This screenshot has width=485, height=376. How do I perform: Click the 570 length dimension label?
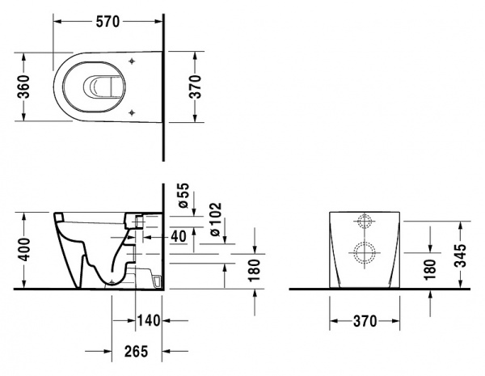110,22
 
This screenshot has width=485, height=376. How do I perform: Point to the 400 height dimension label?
24,250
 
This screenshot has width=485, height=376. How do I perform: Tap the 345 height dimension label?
461,258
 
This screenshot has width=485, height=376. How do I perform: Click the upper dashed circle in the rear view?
364,223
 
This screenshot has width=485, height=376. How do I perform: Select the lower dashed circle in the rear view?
364,254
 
